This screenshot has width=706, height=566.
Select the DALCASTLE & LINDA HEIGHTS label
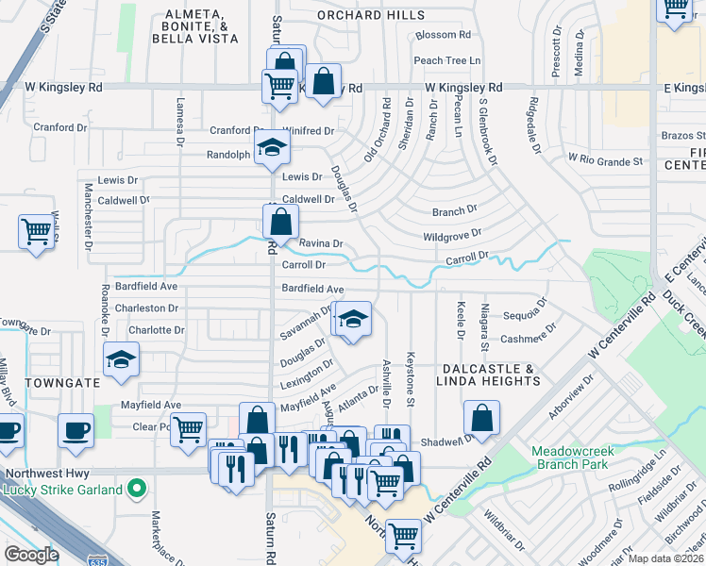point(488,375)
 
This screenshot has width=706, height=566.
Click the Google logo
point(31,555)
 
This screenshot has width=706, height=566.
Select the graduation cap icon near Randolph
point(271,149)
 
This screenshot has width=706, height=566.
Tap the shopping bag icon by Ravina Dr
point(280,224)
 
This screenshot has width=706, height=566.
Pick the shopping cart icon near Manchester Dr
point(36,230)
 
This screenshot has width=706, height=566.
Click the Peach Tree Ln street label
point(447,60)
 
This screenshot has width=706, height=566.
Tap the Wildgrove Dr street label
point(452,233)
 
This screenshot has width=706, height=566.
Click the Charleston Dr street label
point(146,308)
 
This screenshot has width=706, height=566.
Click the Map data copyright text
point(665,558)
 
